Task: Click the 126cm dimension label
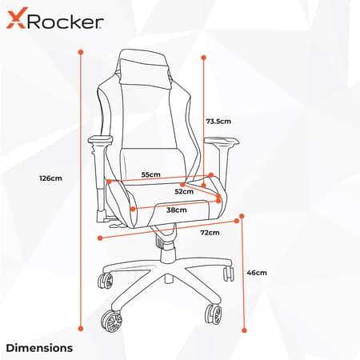pos(50,178)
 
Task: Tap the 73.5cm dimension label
pos(218,122)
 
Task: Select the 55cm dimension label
pos(151,174)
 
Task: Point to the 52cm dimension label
pos(184,191)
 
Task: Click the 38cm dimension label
pos(177,210)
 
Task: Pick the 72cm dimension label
pos(210,233)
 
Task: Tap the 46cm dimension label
pos(257,273)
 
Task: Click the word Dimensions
pos(39,348)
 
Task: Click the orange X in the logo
pos(16,18)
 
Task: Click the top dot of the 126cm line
pos(81,52)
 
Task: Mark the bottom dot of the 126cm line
pos(81,329)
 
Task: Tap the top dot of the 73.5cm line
pos(204,58)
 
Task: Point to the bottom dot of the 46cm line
pos(244,330)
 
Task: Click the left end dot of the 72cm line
pos(100,238)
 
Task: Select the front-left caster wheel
pos(111,321)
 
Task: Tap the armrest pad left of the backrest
pos(100,140)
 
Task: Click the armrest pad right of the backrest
pos(222,142)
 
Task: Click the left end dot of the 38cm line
pos(133,209)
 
